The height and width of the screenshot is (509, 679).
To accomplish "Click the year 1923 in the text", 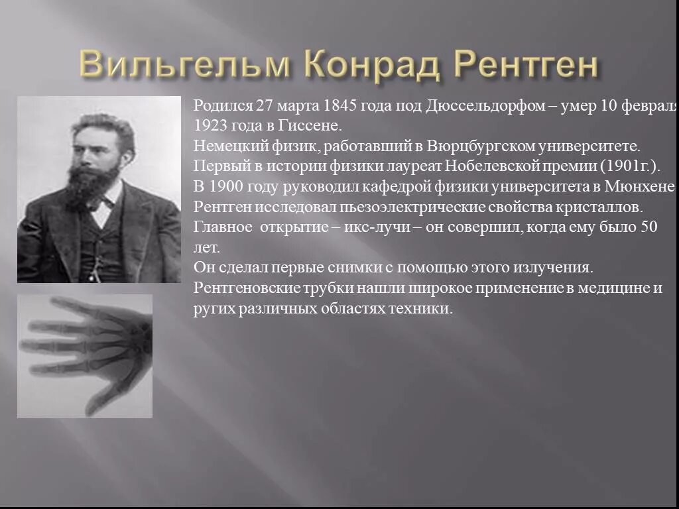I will coord(210,125).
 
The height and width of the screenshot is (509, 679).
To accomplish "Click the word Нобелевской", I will coord(484,165).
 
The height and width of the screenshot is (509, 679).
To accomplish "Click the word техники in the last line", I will coord(427,309).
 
